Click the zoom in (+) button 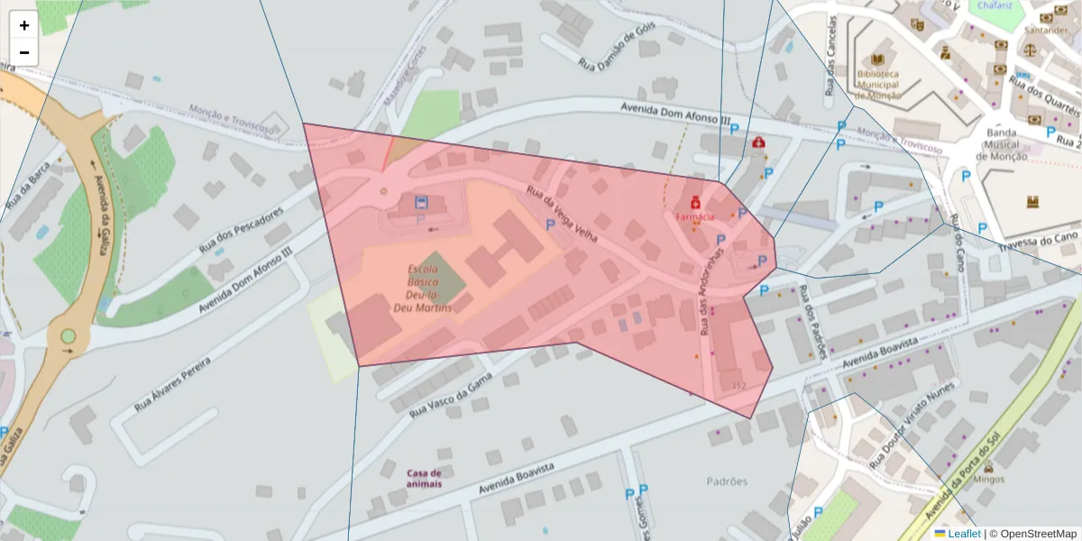(24, 25)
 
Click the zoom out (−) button (24, 52)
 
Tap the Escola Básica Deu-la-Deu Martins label (423, 289)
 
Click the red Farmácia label (695, 216)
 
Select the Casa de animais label (424, 478)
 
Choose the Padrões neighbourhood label (728, 481)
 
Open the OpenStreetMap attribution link (1032, 534)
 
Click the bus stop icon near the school (421, 201)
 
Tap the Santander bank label (1045, 30)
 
